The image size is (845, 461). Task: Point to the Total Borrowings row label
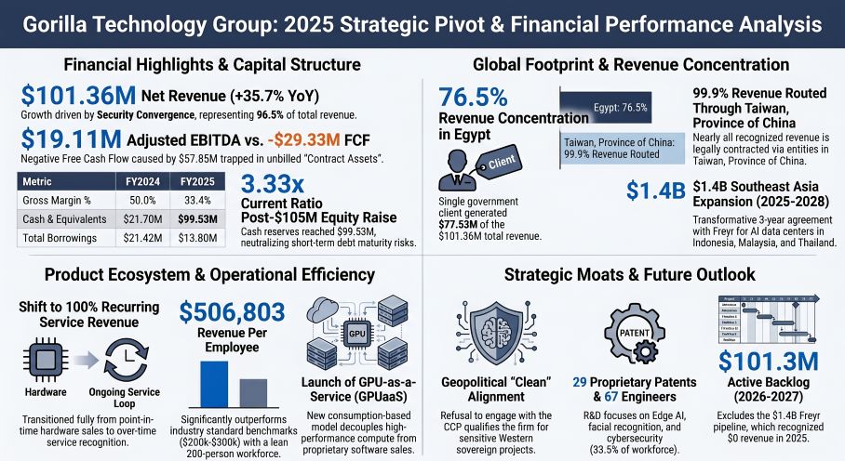tap(61, 237)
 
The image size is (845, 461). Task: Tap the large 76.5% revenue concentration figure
tap(473, 98)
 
